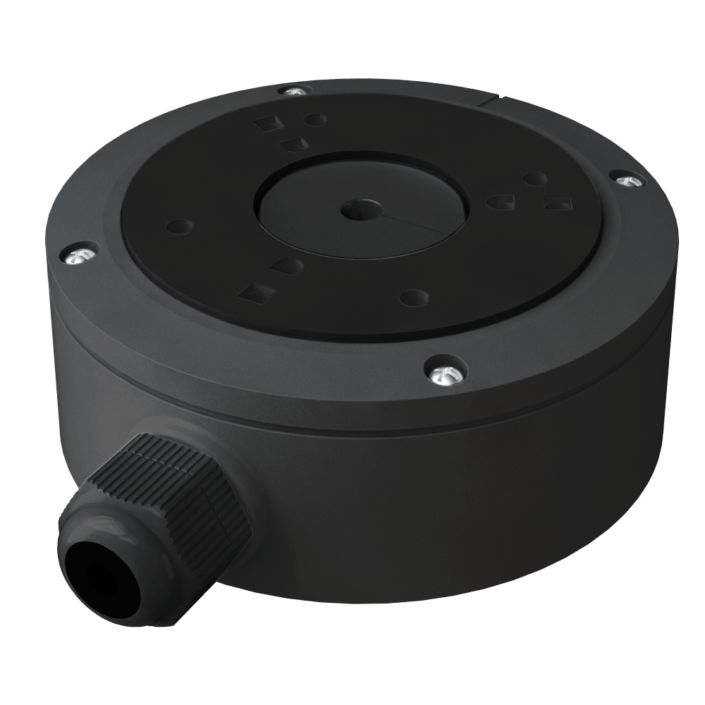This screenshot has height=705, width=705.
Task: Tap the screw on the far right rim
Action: click(x=627, y=180)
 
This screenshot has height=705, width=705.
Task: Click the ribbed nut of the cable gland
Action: click(x=176, y=486)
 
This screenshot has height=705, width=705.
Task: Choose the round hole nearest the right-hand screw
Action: click(x=536, y=179)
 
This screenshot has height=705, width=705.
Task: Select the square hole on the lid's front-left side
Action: click(x=257, y=292)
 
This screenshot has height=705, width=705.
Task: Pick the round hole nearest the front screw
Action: click(x=415, y=298)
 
